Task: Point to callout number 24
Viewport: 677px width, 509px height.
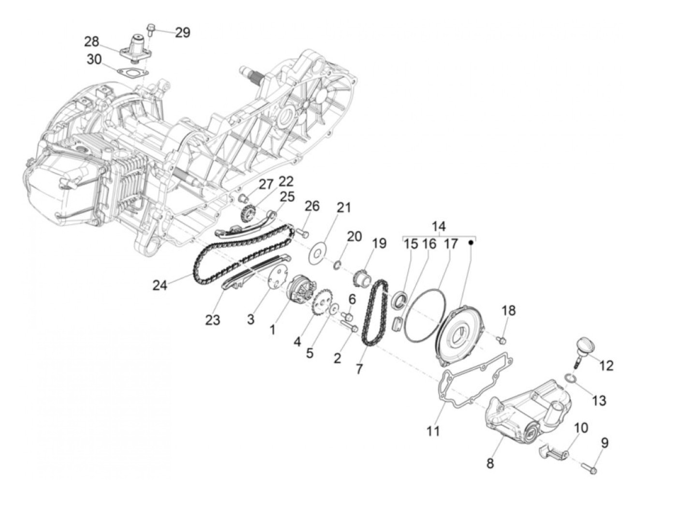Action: (160, 285)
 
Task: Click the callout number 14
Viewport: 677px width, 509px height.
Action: (439, 226)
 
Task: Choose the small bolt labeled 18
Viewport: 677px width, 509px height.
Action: (502, 340)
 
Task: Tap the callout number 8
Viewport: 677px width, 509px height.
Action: (490, 463)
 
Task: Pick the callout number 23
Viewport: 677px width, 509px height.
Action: (213, 320)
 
